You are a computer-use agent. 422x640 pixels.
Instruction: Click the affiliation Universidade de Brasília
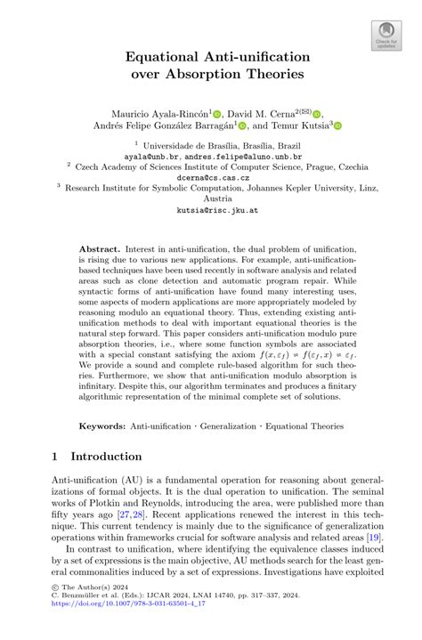coord(190,142)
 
